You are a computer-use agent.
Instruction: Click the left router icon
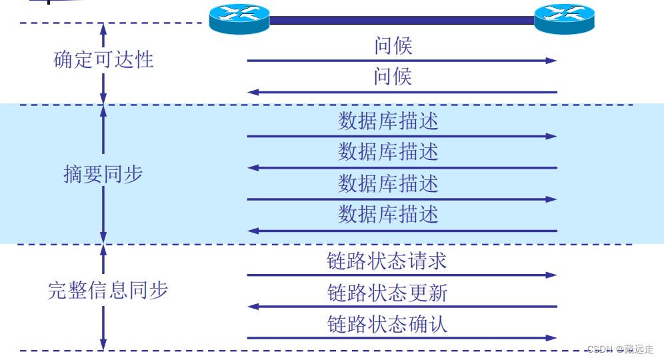pyautogui.click(x=239, y=18)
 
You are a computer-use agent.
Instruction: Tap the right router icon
pyautogui.click(x=564, y=18)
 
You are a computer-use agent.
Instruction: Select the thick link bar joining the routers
pyautogui.click(x=401, y=21)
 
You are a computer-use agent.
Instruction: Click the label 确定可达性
pyautogui.click(x=103, y=60)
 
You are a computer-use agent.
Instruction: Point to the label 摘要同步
pyautogui.click(x=103, y=175)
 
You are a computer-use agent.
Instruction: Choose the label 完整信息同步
pyautogui.click(x=107, y=291)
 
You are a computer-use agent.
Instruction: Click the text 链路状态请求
pyautogui.click(x=387, y=261)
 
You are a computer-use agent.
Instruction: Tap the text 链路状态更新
pyautogui.click(x=387, y=293)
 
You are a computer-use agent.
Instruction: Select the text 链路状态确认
pyautogui.click(x=387, y=324)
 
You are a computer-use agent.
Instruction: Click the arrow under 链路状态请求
pyautogui.click(x=401, y=275)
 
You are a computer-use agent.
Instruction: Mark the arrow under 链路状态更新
pyautogui.click(x=401, y=307)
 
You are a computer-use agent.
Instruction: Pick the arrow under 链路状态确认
pyautogui.click(x=401, y=338)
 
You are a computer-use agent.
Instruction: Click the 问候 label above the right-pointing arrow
pyautogui.click(x=393, y=46)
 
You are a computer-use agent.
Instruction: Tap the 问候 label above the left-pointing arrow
pyautogui.click(x=393, y=77)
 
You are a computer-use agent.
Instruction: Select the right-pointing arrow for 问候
pyautogui.click(x=401, y=61)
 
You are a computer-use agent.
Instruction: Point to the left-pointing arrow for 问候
pyautogui.click(x=401, y=92)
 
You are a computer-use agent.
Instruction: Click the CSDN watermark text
pyautogui.click(x=620, y=349)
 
